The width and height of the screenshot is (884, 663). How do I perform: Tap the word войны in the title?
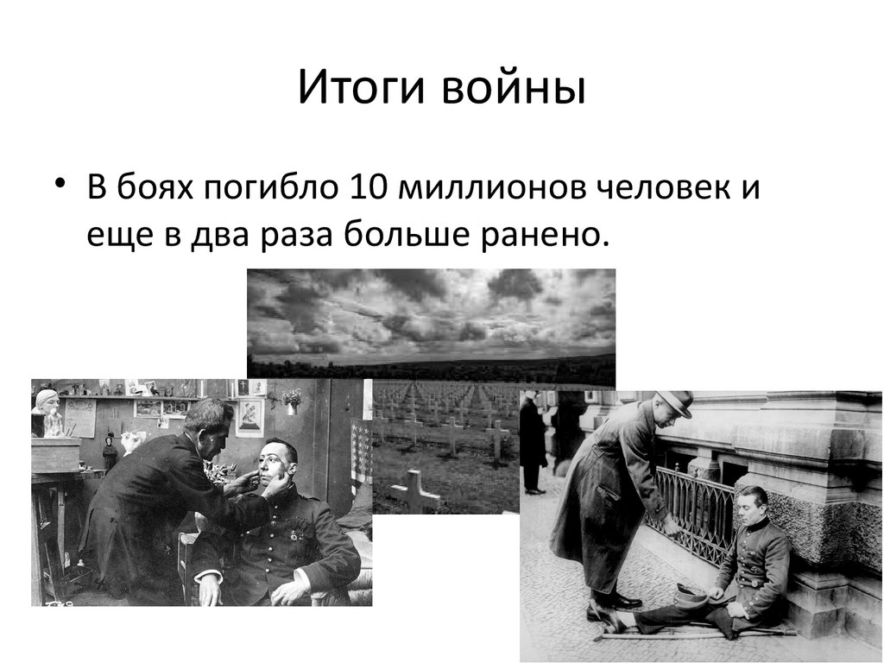coord(516,89)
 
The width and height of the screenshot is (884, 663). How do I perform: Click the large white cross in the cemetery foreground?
coord(415,490)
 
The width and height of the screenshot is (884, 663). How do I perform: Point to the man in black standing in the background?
coord(532,440)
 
